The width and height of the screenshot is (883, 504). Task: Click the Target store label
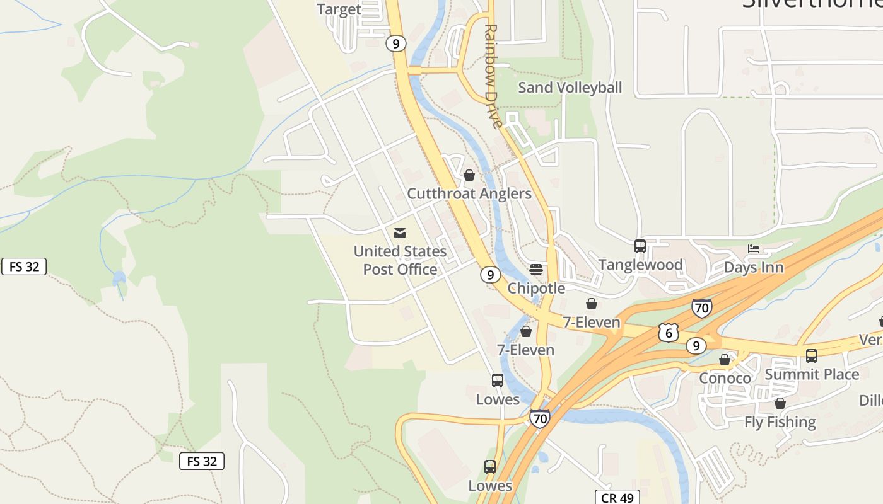[x=339, y=9]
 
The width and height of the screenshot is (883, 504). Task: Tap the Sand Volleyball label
[x=570, y=88]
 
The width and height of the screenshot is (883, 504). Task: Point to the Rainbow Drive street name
[x=493, y=76]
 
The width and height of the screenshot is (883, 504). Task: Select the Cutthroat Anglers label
[x=469, y=193]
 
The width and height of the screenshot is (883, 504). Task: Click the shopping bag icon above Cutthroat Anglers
[x=469, y=175]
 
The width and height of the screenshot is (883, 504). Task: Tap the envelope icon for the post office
[x=400, y=233]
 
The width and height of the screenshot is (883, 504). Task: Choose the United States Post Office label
[x=400, y=260]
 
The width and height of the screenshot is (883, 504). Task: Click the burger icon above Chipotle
[x=536, y=270]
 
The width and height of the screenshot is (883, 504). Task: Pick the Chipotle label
[x=536, y=288]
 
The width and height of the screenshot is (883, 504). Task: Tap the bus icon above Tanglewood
[x=640, y=246]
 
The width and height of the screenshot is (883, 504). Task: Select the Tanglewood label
[x=640, y=265]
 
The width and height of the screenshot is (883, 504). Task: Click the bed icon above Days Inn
[x=754, y=249]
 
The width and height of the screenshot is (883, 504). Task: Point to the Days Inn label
[x=754, y=267]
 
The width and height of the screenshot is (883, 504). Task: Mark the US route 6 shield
[x=669, y=332]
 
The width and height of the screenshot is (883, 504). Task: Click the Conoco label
[x=725, y=378]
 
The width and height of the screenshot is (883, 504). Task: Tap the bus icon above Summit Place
[x=812, y=356]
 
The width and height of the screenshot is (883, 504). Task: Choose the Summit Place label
[x=812, y=374]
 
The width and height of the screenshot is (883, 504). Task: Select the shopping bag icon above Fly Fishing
[x=780, y=403]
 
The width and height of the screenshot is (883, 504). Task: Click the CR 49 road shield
[x=617, y=498]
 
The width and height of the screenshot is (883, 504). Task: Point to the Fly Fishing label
[x=780, y=421]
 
